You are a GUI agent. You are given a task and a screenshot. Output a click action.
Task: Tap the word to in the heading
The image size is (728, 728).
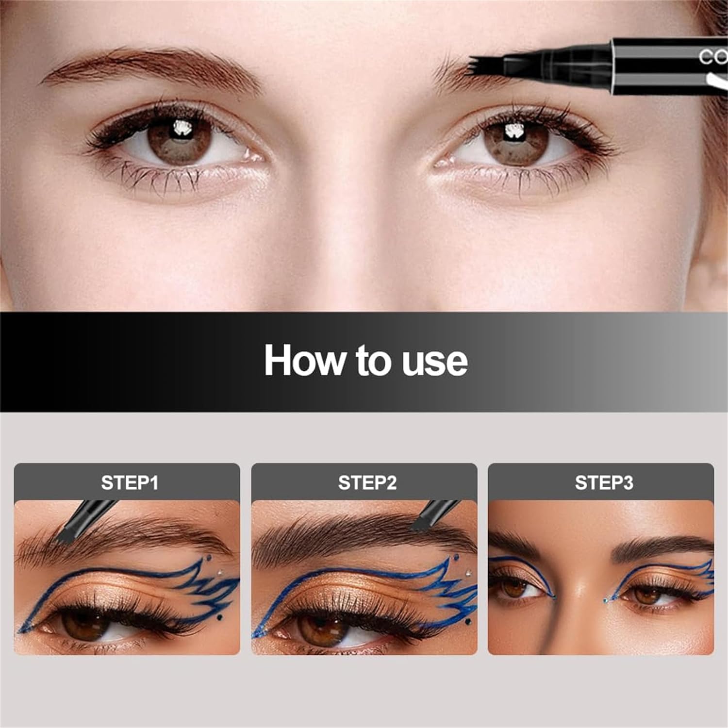click(x=372, y=360)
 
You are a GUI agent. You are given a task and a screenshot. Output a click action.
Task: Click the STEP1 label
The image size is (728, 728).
click(x=129, y=483)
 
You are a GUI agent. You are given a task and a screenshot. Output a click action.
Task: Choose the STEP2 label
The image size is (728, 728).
click(x=367, y=483)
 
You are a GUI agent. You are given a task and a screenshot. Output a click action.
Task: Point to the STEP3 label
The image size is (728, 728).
click(x=604, y=483)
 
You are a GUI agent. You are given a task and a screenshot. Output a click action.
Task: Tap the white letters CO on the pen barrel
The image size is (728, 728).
click(x=712, y=57)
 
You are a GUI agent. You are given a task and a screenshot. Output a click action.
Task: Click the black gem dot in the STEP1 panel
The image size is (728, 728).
click(x=219, y=618)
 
